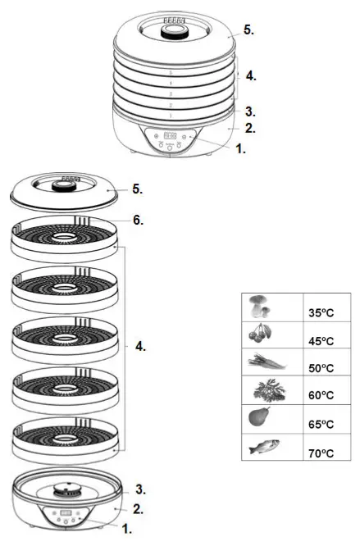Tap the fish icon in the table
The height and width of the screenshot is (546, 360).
click(264, 447)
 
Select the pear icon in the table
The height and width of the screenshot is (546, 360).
click(259, 418)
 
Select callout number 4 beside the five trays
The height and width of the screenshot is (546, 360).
click(140, 347)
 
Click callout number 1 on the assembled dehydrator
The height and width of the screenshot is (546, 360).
click(240, 151)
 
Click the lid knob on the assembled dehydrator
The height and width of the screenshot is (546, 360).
click(172, 34)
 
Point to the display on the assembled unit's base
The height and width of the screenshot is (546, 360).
click(171, 136)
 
